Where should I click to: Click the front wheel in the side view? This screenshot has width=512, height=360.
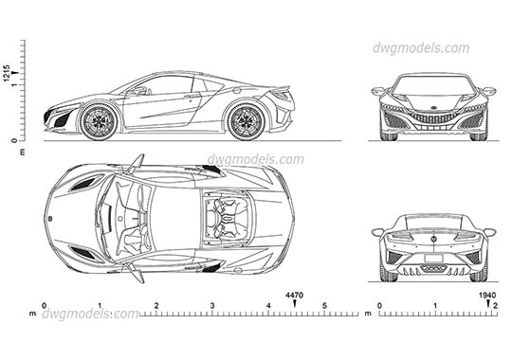97,120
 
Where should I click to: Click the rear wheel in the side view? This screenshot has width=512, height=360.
246,120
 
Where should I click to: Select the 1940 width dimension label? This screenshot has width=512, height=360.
488,296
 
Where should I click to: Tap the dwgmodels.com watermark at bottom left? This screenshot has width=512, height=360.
83,314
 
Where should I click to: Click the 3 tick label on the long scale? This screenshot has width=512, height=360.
212,305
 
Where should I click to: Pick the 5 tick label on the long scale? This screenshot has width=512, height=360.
324,305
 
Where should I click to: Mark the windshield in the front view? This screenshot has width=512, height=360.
433,88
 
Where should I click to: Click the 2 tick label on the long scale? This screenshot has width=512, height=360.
156,305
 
